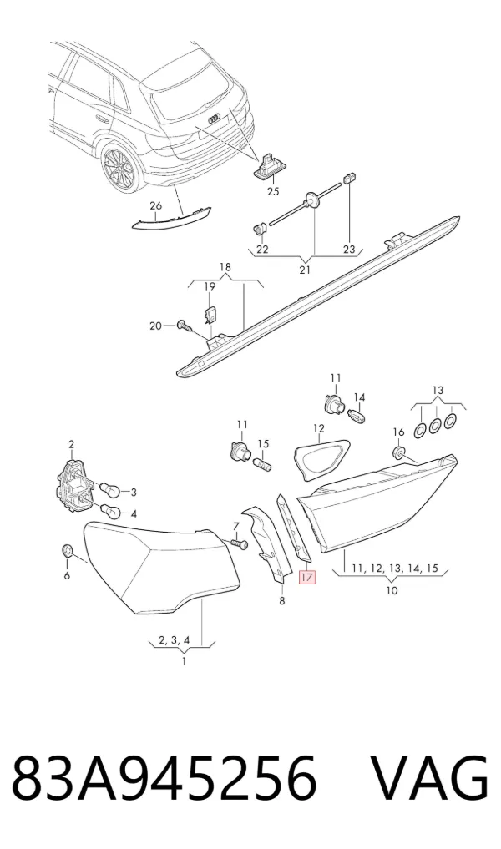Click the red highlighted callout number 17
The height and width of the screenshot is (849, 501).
pyautogui.click(x=306, y=577)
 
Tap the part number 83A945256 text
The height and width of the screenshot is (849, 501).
pyautogui.click(x=164, y=777)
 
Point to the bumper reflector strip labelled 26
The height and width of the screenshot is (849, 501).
pyautogui.click(x=173, y=220)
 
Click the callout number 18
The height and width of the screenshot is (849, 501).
pyautogui.click(x=225, y=267)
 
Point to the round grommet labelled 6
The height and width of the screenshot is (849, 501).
pyautogui.click(x=67, y=552)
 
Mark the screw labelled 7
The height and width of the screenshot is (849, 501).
pyautogui.click(x=239, y=543)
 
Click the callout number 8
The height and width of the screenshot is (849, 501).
pyautogui.click(x=281, y=600)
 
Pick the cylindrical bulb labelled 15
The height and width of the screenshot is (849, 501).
pyautogui.click(x=262, y=463)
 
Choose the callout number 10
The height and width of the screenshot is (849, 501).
pyautogui.click(x=391, y=589)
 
